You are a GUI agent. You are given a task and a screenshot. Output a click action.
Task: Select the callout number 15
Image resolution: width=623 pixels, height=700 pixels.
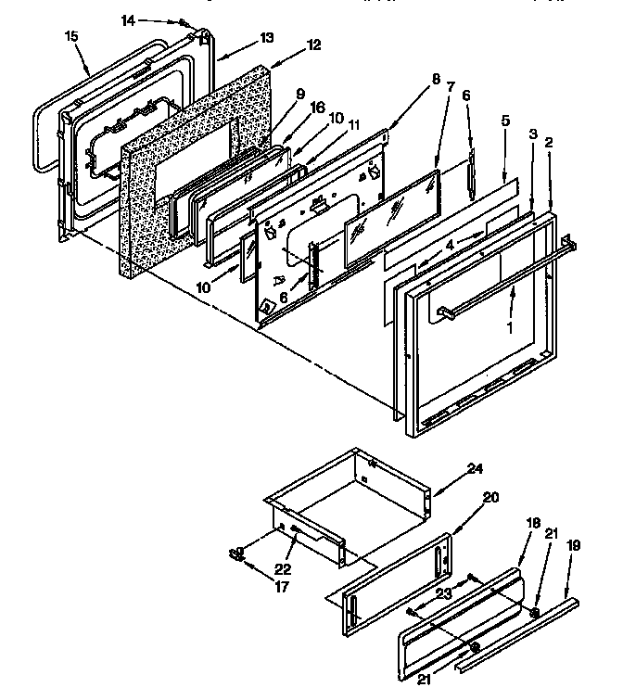[71, 36]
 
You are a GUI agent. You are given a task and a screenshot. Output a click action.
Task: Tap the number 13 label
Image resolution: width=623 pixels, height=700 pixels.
[267, 38]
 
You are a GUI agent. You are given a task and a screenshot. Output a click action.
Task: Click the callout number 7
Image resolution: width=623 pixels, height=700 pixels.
[451, 86]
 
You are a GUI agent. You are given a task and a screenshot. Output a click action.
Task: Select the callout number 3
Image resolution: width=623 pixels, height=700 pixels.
[533, 135]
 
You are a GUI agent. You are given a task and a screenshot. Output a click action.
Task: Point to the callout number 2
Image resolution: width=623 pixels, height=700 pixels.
[550, 143]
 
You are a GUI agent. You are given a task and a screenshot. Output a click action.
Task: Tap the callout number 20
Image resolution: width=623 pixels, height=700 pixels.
[490, 497]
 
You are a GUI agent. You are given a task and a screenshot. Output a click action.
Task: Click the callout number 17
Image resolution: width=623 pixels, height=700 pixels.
[255, 587]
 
